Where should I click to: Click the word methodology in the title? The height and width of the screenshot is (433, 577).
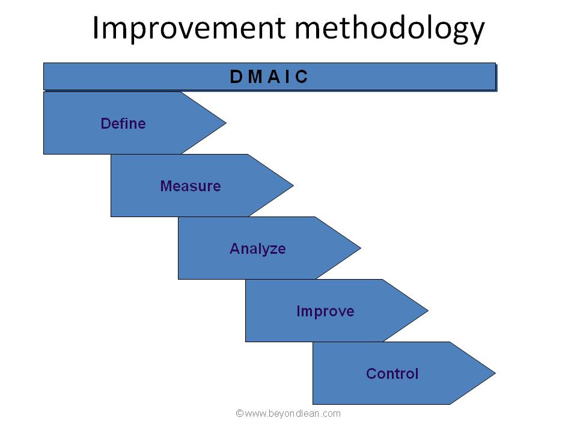tap(389, 29)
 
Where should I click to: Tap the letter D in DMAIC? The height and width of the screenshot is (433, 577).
tap(236, 76)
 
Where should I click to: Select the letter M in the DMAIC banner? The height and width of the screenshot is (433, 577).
tap(255, 76)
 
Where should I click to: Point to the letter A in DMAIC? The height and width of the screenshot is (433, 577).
tap(274, 76)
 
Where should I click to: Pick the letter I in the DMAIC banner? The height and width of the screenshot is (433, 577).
tap(287, 76)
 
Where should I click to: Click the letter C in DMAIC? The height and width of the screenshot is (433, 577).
tap(301, 76)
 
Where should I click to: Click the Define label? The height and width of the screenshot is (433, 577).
tap(123, 123)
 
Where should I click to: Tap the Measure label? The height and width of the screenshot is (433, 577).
tap(191, 186)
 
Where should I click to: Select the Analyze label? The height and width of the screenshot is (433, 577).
tap(258, 249)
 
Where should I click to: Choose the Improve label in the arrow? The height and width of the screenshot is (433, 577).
tap(325, 312)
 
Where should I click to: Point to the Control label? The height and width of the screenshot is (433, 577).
tap(392, 373)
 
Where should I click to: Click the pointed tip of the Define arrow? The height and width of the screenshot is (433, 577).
tap(226, 123)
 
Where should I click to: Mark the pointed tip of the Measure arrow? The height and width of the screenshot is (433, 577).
tap(293, 186)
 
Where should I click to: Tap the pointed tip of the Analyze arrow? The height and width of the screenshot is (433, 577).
tap(361, 248)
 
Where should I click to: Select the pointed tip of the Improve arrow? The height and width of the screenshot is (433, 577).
tap(428, 311)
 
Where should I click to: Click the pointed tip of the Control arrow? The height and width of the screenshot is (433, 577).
tap(495, 373)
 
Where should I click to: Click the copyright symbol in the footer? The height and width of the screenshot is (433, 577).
tap(240, 414)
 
